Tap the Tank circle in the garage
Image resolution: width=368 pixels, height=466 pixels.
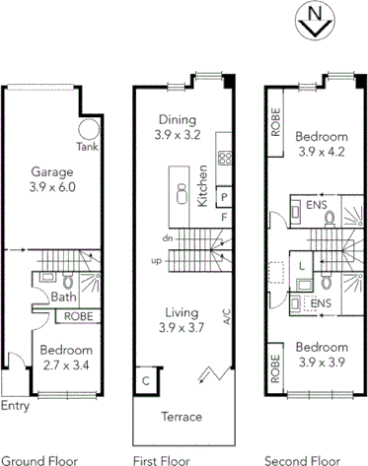(x=90, y=130)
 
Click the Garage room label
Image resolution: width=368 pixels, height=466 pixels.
(x=53, y=169)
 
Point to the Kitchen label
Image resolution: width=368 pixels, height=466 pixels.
(x=202, y=185)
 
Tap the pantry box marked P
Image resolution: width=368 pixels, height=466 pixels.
(x=224, y=195)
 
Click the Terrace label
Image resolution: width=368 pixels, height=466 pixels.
(x=182, y=417)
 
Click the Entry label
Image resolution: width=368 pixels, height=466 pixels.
(x=15, y=405)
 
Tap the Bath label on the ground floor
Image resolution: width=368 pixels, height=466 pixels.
(x=63, y=296)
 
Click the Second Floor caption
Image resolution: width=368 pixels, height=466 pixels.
(x=299, y=459)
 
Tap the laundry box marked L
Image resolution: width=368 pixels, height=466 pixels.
(x=302, y=264)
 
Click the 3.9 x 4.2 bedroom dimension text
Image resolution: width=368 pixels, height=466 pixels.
(x=324, y=152)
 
